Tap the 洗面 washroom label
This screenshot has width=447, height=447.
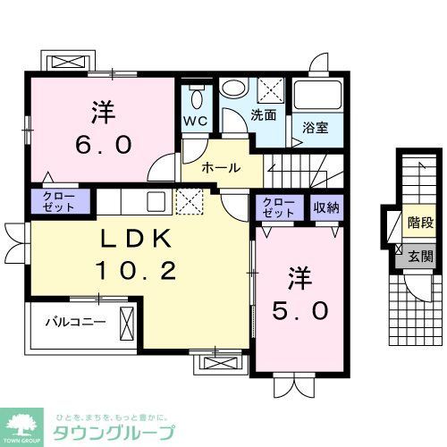coord(263,114)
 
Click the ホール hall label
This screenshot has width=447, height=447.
coord(219,167)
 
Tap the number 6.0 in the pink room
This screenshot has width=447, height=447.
coord(98,143)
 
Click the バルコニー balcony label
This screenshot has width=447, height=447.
coord(75,320)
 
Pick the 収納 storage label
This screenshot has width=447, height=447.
coord(326,208)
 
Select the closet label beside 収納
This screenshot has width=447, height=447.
coord(279,208)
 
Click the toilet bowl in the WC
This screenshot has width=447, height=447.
coord(197,94)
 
